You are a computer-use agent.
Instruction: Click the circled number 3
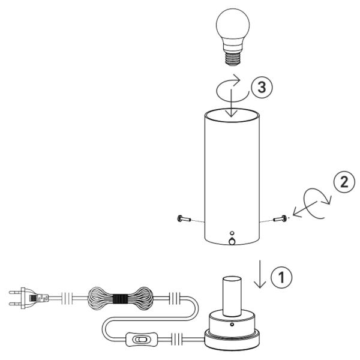pyautogui.click(x=262, y=87)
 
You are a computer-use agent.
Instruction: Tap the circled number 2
pyautogui.click(x=344, y=182)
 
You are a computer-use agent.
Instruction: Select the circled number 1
pyautogui.click(x=281, y=277)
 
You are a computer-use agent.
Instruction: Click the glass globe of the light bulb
pyautogui.click(x=233, y=26)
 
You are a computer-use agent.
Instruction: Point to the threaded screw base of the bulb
pyautogui.click(x=233, y=59)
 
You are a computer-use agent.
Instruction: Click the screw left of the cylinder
pyautogui.click(x=184, y=218)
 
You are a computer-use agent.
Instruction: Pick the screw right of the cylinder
pyautogui.click(x=280, y=218)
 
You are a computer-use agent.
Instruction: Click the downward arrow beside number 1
pyautogui.click(x=260, y=274)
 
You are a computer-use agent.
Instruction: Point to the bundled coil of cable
pyautogui.click(x=121, y=299)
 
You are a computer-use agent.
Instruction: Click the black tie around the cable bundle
pyautogui.click(x=121, y=299)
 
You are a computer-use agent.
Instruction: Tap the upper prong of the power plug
pyautogui.click(x=15, y=293)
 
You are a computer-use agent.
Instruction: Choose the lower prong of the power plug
pyautogui.click(x=15, y=304)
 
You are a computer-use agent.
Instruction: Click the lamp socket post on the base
pyautogui.click(x=232, y=296)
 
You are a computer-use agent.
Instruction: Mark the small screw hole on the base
pyautogui.click(x=232, y=325)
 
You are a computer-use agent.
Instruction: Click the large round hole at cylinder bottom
pyautogui.click(x=232, y=241)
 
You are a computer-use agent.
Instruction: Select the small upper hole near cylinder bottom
pyautogui.click(x=232, y=233)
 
